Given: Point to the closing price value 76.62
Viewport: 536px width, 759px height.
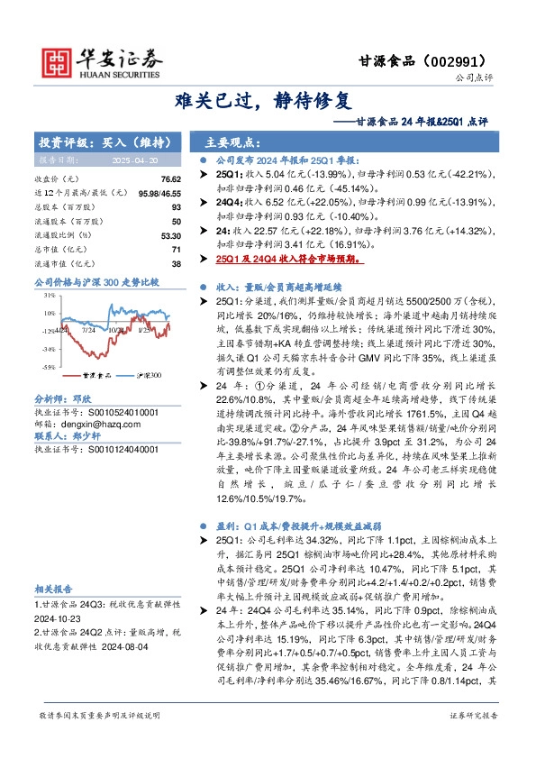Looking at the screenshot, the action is [x=172, y=180].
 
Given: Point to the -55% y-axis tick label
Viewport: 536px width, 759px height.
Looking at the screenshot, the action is [x=48, y=368].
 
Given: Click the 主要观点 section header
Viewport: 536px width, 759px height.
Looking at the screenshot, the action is [x=233, y=142].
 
